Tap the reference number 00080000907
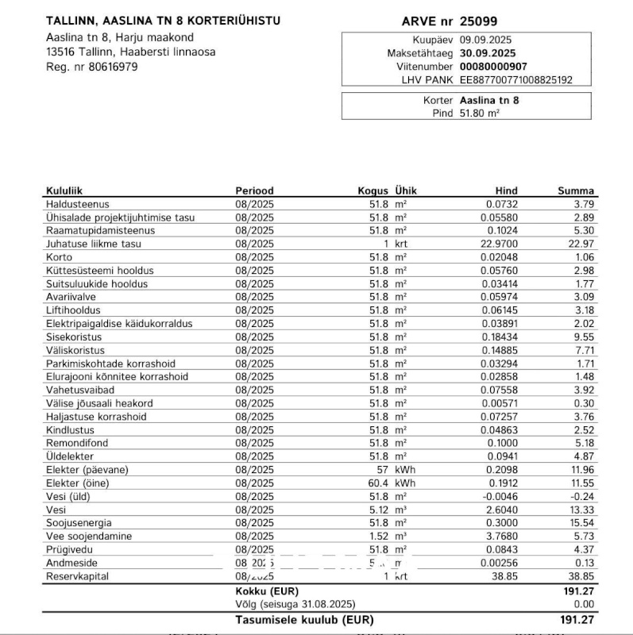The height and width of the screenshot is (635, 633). pos(492,67)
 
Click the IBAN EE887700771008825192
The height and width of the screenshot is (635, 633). pos(515,80)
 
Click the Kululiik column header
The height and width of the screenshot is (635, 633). pos(64,190)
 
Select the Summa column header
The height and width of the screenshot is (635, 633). pos(575,190)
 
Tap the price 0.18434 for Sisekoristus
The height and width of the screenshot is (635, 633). pos(500,337)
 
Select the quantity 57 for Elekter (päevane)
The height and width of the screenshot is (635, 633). pos(382,470)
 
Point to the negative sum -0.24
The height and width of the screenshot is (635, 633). pos(582,496)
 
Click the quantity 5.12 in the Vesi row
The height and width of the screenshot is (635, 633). pos(377,510)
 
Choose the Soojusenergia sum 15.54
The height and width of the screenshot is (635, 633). pos(581,523)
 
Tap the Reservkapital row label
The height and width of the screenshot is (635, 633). pos(77,576)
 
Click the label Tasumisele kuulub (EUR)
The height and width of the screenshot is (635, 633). pos(304,620)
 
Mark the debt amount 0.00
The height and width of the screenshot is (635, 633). pos(583,605)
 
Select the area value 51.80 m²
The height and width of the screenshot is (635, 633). pos(479,114)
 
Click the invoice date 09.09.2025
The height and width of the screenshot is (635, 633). pos(487,40)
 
